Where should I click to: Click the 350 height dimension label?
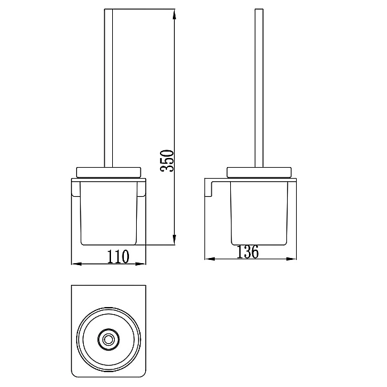167,161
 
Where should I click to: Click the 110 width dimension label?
118,257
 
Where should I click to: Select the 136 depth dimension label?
248,252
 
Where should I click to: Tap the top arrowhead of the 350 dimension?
174,14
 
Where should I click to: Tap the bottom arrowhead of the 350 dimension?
174,240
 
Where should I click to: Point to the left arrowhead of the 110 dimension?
76,264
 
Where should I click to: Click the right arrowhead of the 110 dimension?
141,264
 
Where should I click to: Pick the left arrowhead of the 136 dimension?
210,259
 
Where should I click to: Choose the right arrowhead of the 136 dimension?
291,259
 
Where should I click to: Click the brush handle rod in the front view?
108,88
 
